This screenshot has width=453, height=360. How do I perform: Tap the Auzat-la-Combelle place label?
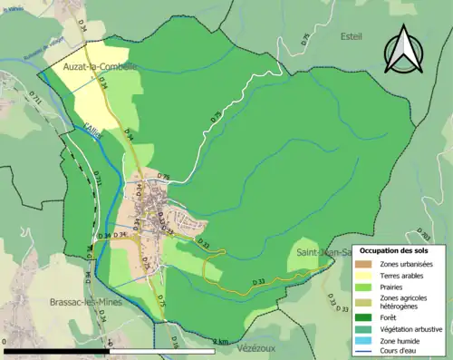100,67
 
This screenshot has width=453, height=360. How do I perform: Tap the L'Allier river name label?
95,131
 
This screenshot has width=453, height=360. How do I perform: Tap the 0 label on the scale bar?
5,342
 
